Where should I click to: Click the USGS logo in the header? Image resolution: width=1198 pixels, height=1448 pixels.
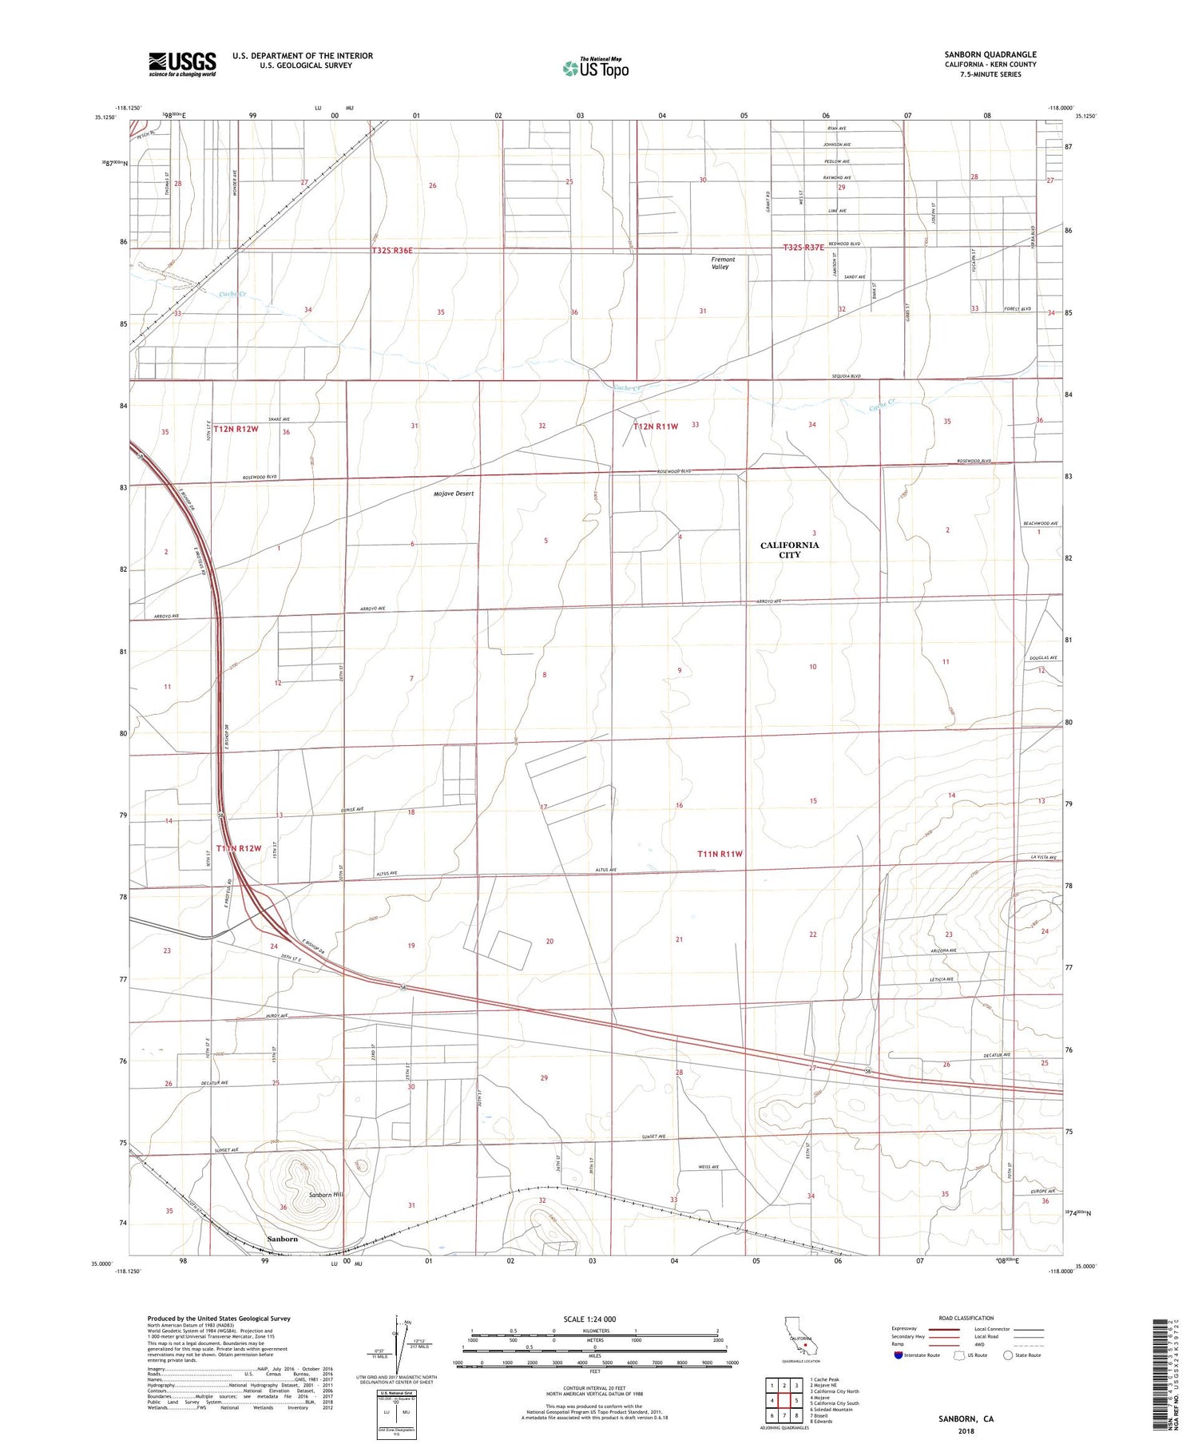[182, 64]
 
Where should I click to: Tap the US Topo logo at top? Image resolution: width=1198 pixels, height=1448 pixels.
[596, 68]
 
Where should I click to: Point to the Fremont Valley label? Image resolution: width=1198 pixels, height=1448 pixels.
[723, 263]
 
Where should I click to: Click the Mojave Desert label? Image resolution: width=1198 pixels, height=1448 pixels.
[454, 494]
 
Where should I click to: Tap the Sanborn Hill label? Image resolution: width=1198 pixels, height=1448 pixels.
[326, 1195]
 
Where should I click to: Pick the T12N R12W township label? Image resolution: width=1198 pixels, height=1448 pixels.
[236, 429]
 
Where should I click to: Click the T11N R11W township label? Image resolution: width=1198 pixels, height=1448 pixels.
[720, 854]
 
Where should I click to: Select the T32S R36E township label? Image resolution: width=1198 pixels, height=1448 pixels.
[392, 250]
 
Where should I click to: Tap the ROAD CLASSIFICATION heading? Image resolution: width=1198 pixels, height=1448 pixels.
[966, 1318]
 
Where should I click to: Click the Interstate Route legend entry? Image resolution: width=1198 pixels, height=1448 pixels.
[918, 1355]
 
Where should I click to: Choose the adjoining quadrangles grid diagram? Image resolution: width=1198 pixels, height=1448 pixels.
[784, 1394]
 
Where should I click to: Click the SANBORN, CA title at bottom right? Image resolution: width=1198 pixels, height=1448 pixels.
[966, 1418]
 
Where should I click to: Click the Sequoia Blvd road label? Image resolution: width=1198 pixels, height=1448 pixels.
[846, 375]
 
